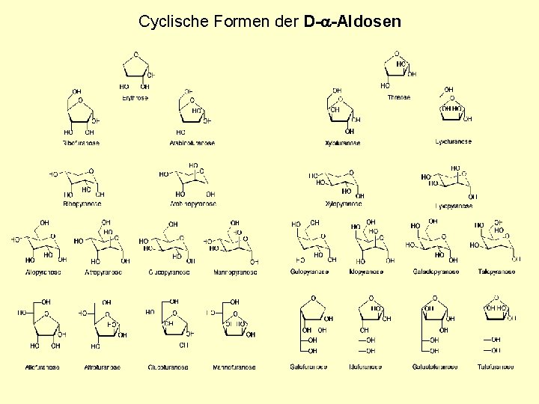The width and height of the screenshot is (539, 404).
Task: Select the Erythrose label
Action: (135, 98)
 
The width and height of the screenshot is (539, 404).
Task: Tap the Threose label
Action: (399, 97)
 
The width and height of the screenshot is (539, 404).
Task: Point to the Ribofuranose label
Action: (81, 143)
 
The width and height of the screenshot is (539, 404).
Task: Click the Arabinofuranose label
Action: (192, 143)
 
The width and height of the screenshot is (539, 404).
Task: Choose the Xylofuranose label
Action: (343, 143)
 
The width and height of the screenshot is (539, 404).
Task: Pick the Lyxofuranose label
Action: (454, 141)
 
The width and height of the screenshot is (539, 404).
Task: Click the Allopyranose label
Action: (43, 272)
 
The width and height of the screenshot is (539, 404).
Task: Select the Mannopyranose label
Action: (234, 272)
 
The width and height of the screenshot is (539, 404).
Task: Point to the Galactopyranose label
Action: (436, 272)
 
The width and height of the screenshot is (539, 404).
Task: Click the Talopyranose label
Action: (496, 272)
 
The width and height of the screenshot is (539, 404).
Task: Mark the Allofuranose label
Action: (42, 367)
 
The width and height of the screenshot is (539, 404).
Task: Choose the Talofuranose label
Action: (496, 367)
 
